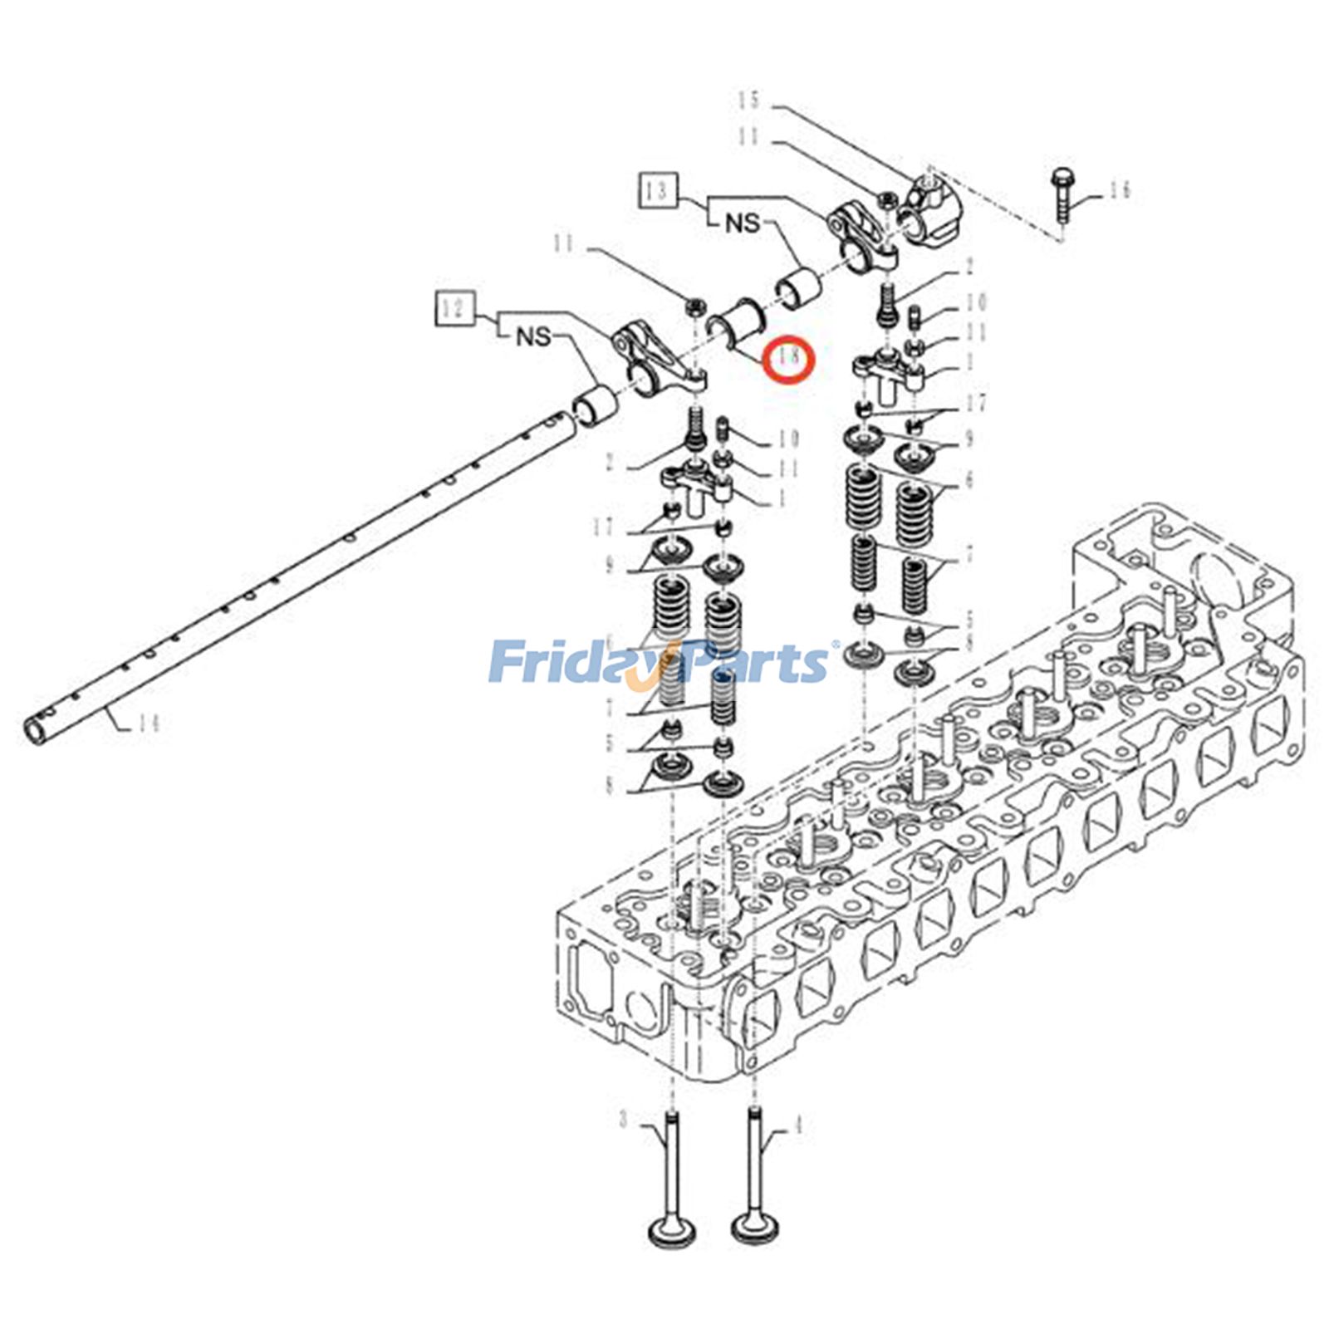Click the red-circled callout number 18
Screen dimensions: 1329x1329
coord(789,358)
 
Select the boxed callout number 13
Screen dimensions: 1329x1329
coord(658,190)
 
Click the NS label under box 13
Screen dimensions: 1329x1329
coord(743,223)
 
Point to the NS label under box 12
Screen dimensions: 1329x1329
coord(534,336)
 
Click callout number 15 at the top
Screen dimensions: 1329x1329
coord(749,101)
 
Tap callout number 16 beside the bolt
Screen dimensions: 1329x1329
coord(1120,192)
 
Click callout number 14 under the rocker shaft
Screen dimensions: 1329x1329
coord(147,723)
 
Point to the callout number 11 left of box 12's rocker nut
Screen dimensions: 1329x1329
coord(564,243)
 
